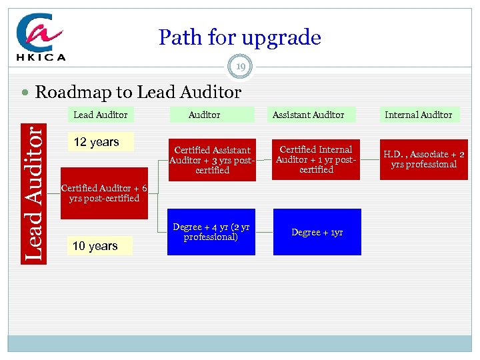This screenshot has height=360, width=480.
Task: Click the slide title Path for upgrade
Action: tap(239, 37)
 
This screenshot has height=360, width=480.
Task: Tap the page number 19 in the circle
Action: tap(240, 66)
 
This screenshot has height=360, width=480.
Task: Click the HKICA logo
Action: tap(41, 38)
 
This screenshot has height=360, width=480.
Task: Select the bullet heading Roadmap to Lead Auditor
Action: tap(137, 91)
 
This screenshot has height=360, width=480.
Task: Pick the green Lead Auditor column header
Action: tap(100, 115)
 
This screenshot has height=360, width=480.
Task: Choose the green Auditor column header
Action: tap(204, 115)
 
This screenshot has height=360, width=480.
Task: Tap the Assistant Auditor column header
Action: tap(308, 115)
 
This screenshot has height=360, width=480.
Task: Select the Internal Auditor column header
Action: tap(418, 115)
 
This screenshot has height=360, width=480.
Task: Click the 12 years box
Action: tap(97, 141)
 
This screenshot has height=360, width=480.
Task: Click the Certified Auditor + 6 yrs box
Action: tap(103, 193)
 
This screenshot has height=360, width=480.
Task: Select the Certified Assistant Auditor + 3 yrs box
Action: tap(212, 160)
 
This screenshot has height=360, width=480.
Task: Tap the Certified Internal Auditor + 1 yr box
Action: tap(317, 159)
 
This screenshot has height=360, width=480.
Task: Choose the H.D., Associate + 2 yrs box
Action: tap(424, 159)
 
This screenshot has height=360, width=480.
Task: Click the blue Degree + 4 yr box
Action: tap(212, 232)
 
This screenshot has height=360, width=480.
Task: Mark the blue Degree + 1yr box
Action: tap(317, 232)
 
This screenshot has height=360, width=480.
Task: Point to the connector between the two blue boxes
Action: tap(265, 232)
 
